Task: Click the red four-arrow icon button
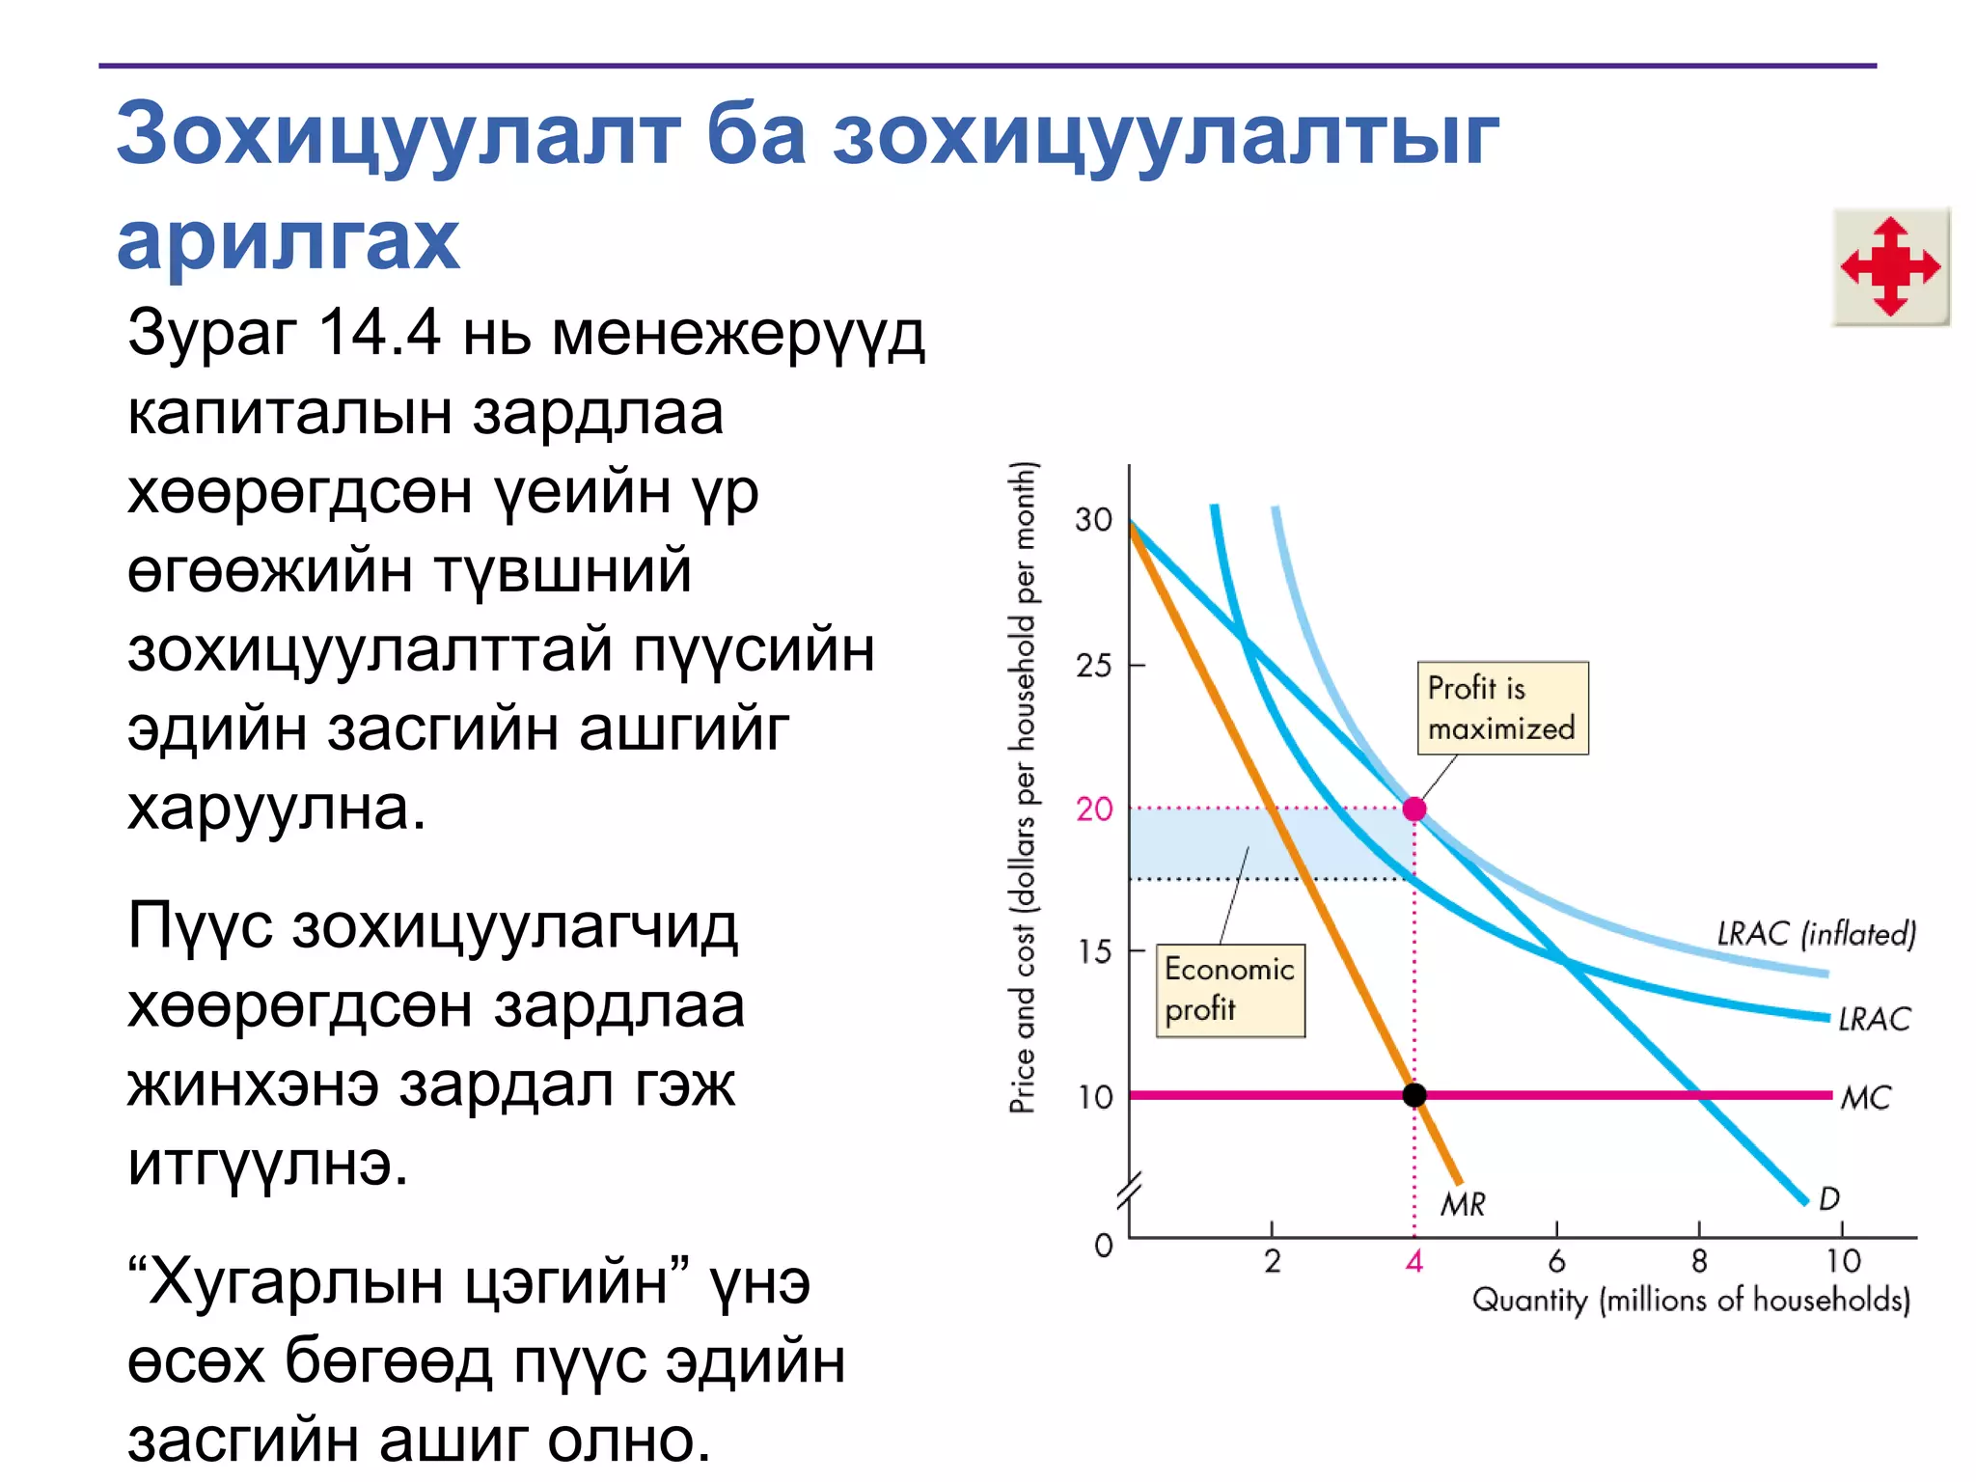click(1890, 266)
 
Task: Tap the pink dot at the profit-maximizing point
click(1414, 809)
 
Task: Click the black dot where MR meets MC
click(1414, 1095)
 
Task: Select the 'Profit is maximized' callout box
click(1501, 708)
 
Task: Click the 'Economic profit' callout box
click(1229, 990)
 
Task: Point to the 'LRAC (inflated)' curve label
click(1816, 934)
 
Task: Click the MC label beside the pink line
click(1865, 1098)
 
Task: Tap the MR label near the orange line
click(1463, 1204)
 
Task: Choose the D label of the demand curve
click(1828, 1199)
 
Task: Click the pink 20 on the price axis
click(1094, 810)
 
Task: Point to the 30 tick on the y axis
click(1094, 520)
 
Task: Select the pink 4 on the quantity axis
click(1414, 1261)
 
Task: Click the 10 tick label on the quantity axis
click(1843, 1261)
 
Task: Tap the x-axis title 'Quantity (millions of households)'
click(1690, 1301)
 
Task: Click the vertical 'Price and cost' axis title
click(1023, 786)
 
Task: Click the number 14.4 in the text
click(379, 333)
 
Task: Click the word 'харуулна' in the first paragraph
click(276, 809)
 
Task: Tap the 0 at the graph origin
click(1104, 1246)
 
